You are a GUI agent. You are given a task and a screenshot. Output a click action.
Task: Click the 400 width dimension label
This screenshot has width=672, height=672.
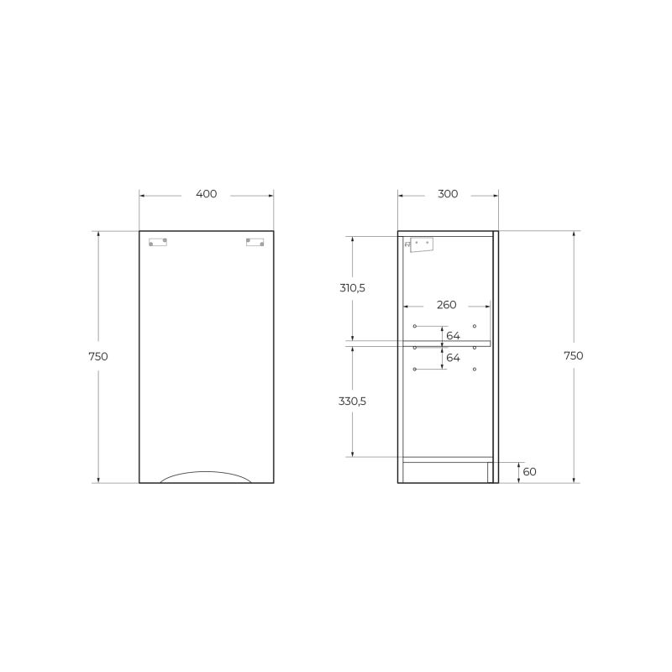point(206,194)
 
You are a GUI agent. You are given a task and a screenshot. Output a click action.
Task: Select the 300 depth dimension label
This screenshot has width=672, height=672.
point(448,194)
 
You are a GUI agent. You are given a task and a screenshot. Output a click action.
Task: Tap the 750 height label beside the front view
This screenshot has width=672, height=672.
point(97,356)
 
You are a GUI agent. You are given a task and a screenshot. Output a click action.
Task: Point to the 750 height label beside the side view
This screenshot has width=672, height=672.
point(573,355)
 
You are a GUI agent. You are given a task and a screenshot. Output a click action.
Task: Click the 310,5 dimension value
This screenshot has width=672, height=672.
point(352,287)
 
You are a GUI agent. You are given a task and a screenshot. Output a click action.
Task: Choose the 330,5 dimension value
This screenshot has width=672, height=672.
point(352,401)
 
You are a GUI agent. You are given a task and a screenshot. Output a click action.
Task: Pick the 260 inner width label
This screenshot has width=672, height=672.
point(447,305)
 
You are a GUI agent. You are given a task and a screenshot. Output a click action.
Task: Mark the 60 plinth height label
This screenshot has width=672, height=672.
point(529,472)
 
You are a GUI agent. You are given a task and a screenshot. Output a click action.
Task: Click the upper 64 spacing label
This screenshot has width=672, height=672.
point(453,336)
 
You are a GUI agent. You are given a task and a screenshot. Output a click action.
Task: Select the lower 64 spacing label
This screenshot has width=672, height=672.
point(453,358)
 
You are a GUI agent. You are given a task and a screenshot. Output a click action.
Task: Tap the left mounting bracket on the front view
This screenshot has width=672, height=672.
point(157,242)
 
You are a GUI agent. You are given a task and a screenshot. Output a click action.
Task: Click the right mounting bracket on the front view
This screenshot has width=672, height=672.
point(255,242)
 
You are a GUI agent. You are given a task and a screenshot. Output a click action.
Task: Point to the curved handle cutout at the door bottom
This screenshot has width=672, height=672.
point(206,476)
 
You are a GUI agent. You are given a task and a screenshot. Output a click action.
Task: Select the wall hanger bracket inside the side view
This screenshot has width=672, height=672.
point(419,244)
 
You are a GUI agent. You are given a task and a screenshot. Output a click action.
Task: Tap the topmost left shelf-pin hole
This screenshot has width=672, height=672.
point(415,326)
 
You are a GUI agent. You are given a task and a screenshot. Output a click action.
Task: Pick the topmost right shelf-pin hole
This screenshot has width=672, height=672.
point(475,326)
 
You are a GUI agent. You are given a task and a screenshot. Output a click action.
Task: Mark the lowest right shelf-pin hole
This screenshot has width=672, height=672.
point(475,370)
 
